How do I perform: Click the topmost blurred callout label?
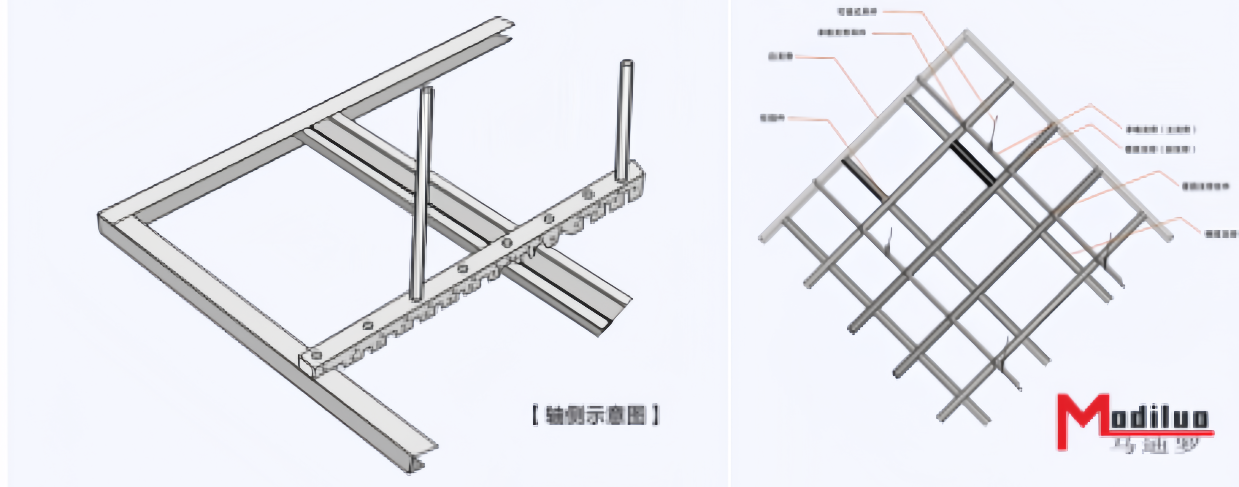(857, 11)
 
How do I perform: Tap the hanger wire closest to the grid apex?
(993, 132)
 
